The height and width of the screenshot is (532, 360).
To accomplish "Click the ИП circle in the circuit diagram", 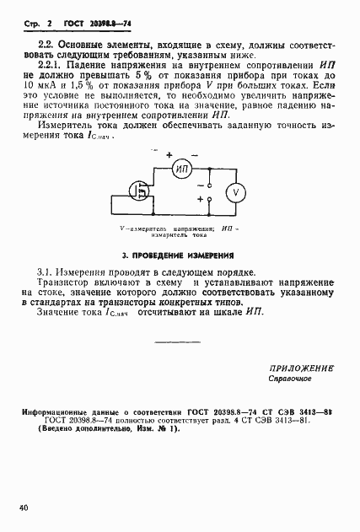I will [x=183, y=169].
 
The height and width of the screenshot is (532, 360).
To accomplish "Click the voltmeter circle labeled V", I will [x=237, y=192].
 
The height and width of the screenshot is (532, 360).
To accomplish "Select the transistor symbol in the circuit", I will [x=140, y=190].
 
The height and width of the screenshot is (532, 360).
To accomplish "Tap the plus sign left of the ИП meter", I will [x=169, y=155].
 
